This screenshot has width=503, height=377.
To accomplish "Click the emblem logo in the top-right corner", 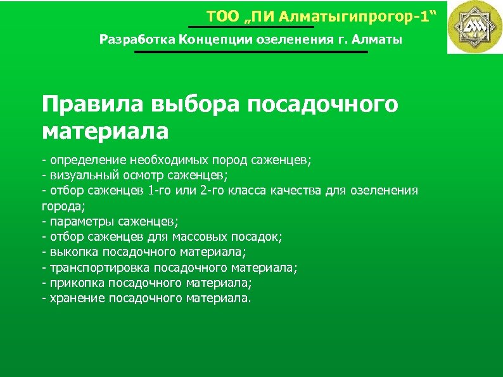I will [474, 27].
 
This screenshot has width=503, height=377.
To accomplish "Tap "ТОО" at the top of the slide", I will [220, 16].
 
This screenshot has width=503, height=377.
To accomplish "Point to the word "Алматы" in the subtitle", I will [378, 40].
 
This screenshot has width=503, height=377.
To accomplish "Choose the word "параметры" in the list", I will [74, 221].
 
